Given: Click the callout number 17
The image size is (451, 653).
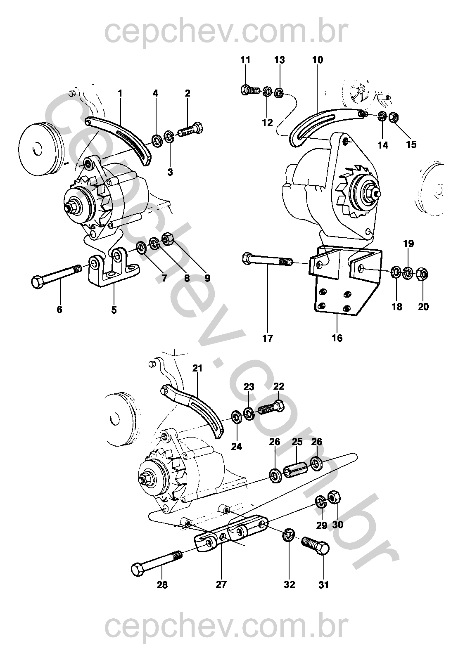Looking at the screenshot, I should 268,338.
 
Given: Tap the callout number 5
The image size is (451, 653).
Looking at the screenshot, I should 114,309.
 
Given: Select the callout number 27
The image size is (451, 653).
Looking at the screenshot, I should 221,584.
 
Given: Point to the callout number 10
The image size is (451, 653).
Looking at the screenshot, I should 318,60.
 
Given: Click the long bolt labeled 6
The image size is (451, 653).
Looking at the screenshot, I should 58,276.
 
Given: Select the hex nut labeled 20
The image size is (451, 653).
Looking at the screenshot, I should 423,273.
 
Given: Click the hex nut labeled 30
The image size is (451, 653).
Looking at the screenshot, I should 334,497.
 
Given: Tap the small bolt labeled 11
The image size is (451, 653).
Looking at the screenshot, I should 249,89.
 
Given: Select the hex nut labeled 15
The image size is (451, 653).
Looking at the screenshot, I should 394,118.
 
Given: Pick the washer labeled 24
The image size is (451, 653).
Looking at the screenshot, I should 237,417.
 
